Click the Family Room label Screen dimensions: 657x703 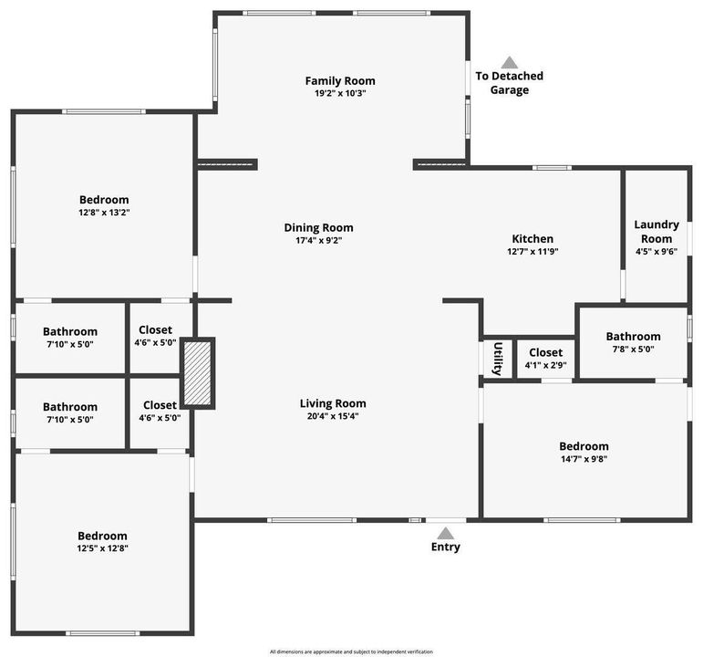tap(339, 81)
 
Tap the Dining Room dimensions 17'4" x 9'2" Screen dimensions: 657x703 tap(318, 241)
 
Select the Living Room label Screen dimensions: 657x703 tap(333, 403)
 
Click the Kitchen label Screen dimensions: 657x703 tap(532, 239)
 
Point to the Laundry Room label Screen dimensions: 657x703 tap(656, 232)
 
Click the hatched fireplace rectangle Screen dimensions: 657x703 tap(197, 373)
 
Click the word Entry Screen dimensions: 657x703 tap(446, 547)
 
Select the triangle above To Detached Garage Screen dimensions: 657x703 tap(510, 62)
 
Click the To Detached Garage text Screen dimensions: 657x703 tap(510, 83)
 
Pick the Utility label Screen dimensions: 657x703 tap(498, 359)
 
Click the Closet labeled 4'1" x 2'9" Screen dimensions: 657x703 tap(545, 365)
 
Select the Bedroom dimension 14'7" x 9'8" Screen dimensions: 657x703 tap(584, 459)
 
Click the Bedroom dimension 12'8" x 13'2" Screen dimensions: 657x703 tap(104, 213)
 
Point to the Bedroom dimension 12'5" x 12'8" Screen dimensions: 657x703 tap(102, 548)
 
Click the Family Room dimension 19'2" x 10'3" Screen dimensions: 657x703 tap(339, 93)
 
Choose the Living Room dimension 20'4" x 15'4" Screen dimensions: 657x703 tap(333, 416)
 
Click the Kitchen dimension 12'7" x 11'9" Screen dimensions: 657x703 tap(532, 252)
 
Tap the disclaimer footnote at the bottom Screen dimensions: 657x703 tap(351, 652)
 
